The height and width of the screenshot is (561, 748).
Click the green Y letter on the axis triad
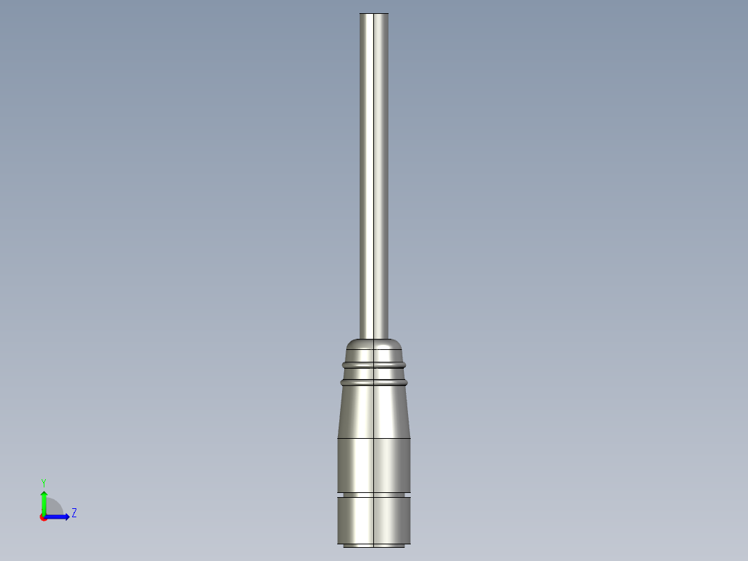coord(43,482)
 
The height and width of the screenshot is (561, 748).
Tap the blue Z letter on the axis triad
coord(74,513)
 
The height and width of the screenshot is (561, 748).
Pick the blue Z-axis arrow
coord(58,517)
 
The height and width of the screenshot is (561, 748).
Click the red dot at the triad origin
coord(43,517)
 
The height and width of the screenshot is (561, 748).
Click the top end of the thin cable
coord(374,15)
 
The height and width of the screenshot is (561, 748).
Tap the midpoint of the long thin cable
coord(374,174)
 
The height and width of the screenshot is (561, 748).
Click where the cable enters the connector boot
coord(374,337)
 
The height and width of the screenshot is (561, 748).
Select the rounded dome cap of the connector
coord(374,345)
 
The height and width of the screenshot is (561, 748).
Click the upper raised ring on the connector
coord(374,364)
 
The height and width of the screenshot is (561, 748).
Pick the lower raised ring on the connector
coord(374,382)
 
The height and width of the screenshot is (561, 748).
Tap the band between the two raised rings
coord(374,373)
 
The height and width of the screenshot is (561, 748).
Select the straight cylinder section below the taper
coord(374,465)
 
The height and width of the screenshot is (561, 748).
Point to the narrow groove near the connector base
coord(374,494)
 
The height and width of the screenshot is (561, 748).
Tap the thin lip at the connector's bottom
coord(374,545)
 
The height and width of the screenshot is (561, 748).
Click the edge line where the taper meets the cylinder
coord(374,438)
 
